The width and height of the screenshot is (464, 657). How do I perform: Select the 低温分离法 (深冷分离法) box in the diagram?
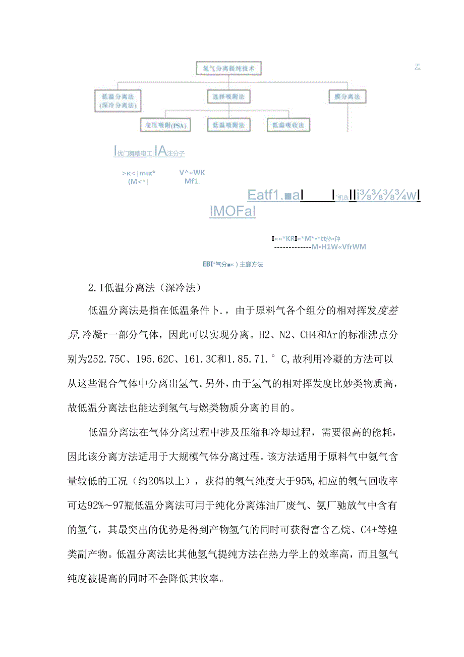coord(117,100)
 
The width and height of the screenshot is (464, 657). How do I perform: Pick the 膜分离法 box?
coord(347,96)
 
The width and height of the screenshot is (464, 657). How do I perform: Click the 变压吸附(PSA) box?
coord(165,125)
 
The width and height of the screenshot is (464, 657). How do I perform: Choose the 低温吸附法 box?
coord(228,125)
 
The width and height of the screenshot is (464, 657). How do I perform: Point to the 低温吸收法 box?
coord(288,125)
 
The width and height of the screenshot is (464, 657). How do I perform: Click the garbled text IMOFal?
coord(233,211)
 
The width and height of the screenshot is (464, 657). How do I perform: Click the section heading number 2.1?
coord(96,289)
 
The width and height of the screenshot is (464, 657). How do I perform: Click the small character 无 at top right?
coord(417,67)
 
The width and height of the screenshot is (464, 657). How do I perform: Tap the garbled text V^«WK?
coord(192,172)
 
